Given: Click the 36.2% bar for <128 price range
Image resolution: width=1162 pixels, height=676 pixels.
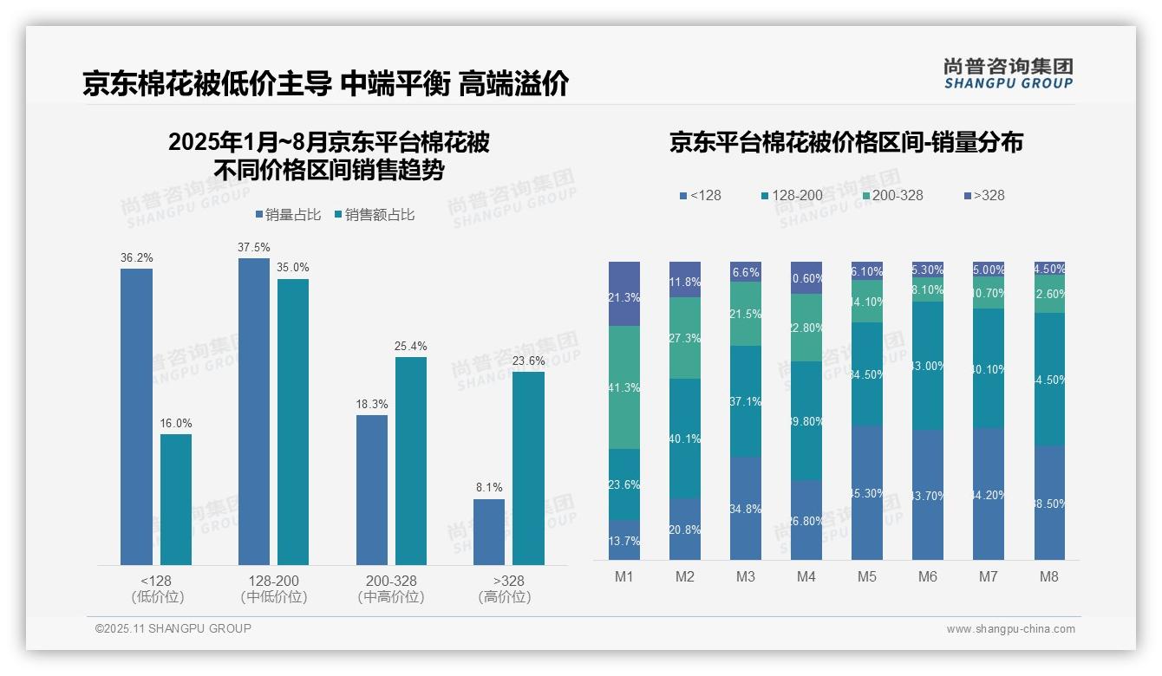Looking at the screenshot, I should tap(136, 416).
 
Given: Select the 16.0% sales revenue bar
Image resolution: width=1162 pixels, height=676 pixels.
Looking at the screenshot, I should tap(176, 499).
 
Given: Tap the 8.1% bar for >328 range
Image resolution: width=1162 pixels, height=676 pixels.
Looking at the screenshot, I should tap(489, 531).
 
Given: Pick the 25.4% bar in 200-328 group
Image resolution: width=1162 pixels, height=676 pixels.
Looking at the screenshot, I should tap(411, 460).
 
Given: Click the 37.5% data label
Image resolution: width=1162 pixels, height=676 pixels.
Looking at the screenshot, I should tap(253, 248).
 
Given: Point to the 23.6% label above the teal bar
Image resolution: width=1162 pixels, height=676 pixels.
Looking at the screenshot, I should tap(529, 361).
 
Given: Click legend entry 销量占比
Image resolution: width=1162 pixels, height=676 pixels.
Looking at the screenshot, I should tap(290, 215).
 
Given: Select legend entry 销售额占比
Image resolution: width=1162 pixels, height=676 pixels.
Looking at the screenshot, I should tap(374, 215).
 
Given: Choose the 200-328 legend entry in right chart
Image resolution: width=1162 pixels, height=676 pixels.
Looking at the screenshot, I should tap(892, 195).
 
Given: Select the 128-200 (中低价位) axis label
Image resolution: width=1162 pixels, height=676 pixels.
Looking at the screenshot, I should tap(274, 588).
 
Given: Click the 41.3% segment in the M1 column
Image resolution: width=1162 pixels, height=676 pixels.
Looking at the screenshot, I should tap(624, 387).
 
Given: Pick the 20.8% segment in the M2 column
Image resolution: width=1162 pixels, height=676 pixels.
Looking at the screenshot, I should tap(685, 529).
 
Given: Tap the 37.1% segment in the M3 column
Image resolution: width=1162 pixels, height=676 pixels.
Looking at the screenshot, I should tap(746, 401).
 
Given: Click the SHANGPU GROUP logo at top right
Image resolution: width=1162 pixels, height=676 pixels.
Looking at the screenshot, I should tap(1008, 74).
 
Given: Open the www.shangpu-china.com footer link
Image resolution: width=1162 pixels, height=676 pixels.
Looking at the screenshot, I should tap(1010, 629).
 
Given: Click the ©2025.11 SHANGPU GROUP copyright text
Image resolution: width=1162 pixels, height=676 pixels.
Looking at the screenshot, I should tap(173, 628).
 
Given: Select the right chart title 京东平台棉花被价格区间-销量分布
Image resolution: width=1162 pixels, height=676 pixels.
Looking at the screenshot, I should tap(845, 142).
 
